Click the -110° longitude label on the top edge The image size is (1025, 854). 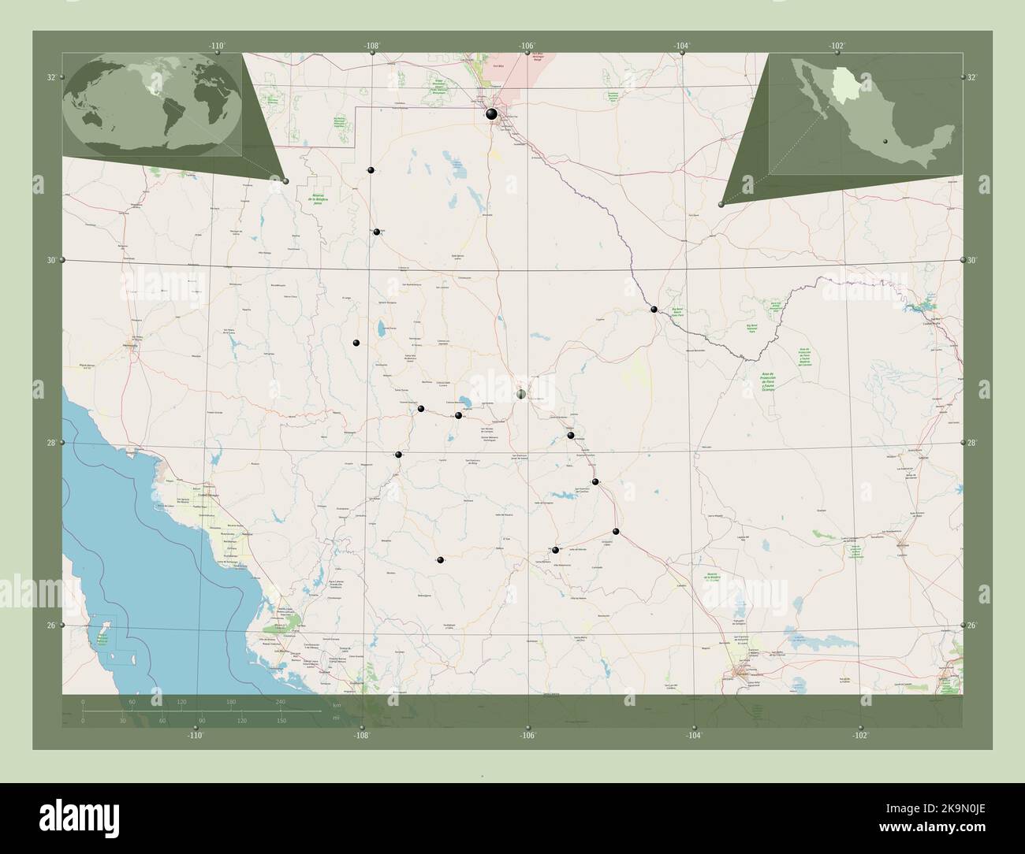218,46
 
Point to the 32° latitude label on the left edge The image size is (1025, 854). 51,77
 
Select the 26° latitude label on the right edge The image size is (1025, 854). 971,625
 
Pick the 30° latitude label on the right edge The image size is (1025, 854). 971,260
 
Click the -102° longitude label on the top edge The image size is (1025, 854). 837,46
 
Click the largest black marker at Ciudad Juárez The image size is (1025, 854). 492,114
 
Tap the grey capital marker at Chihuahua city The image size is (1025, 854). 521,394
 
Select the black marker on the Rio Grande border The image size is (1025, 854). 654,309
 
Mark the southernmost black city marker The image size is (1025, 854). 440,560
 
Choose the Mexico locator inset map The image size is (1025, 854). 865,113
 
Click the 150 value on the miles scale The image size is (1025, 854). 281,720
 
